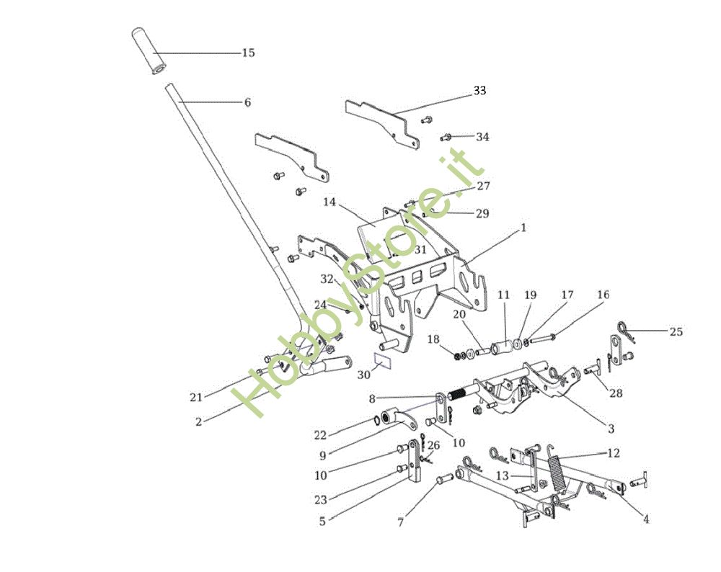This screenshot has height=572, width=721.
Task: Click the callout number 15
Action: point(248,53)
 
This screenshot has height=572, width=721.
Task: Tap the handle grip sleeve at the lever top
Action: point(149,50)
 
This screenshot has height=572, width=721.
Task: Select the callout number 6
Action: point(247,102)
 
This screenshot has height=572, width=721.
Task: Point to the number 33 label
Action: point(479,91)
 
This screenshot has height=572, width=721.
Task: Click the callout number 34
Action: point(482,136)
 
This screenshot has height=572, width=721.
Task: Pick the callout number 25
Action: point(676,332)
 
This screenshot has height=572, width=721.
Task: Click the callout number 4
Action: point(645,519)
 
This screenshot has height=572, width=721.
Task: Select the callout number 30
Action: point(363,375)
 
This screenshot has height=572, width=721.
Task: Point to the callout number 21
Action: point(196,396)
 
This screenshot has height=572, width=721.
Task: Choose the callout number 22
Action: point(320,434)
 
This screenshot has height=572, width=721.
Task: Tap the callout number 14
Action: point(329,202)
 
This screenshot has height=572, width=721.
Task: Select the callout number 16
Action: point(603,295)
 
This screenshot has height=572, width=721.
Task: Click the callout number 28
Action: point(616,393)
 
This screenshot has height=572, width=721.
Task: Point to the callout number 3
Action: point(611,429)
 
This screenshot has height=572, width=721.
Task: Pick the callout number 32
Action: point(327,279)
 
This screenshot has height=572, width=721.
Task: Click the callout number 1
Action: point(523,227)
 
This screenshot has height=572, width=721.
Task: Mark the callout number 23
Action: point(320,499)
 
